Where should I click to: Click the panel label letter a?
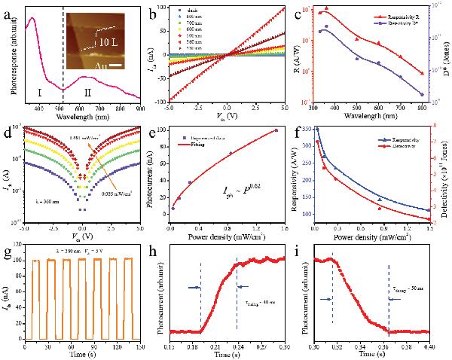(9, 9)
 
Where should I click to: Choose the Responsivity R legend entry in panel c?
(390, 14)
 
